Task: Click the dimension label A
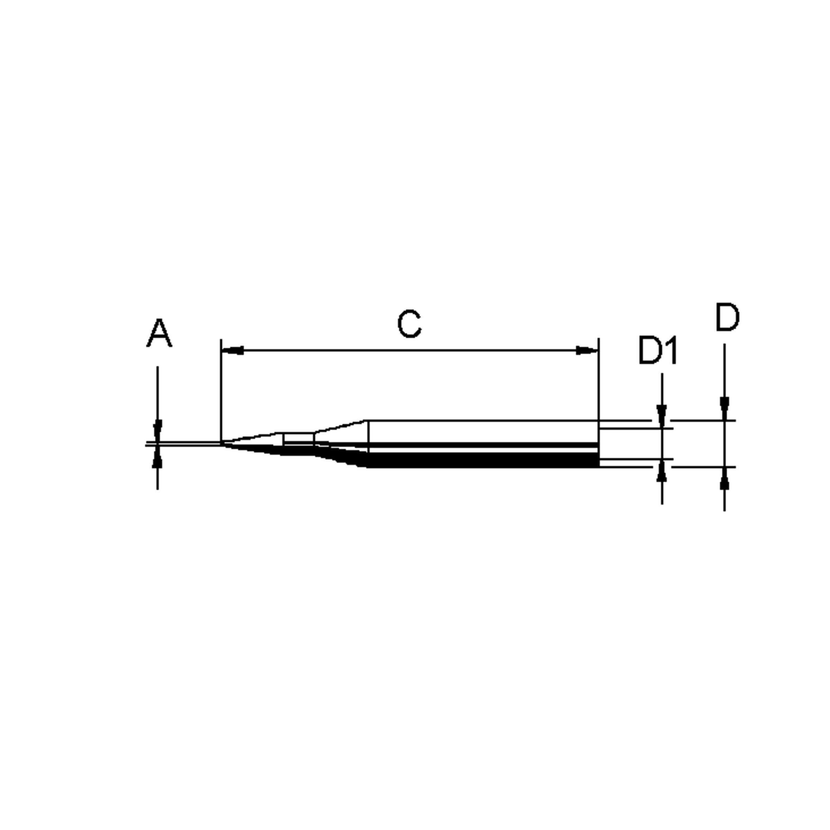click(x=159, y=333)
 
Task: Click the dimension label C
click(x=409, y=324)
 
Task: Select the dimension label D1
click(x=658, y=351)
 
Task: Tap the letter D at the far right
click(x=727, y=318)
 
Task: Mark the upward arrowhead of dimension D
click(x=724, y=479)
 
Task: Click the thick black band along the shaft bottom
click(x=481, y=460)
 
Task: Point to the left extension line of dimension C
click(x=221, y=387)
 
